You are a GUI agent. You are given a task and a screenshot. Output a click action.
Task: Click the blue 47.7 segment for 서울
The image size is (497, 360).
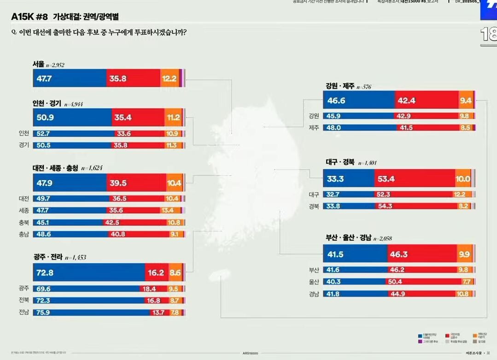tap(69, 78)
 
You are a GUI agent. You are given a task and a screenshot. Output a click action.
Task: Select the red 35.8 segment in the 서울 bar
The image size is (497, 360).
tap(133, 78)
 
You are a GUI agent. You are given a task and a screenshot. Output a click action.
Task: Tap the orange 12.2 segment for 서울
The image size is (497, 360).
tap(170, 78)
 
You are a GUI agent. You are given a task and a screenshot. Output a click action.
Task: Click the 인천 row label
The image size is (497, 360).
tap(23, 134)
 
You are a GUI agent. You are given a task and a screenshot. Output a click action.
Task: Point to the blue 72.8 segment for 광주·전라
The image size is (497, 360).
tap(88, 272)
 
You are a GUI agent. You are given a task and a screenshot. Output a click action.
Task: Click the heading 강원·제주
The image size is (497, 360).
tap(339, 86)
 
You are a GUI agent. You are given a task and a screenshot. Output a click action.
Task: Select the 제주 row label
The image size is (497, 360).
tap(314, 128)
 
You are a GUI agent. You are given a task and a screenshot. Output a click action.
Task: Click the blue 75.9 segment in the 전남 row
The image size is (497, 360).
tap(92, 313)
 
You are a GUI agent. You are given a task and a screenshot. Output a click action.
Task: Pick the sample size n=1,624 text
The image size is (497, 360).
tap(94, 169)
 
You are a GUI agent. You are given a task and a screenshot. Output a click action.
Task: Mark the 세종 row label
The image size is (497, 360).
tap(23, 210)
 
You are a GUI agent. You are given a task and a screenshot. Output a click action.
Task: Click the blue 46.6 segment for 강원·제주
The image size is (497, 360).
tap(359, 100)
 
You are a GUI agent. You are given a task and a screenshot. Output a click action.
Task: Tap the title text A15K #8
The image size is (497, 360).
tap(29, 17)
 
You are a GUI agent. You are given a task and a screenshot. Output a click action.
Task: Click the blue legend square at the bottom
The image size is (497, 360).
tap(420, 336)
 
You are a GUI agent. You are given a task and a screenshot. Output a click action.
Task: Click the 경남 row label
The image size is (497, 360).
tap(314, 294)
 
